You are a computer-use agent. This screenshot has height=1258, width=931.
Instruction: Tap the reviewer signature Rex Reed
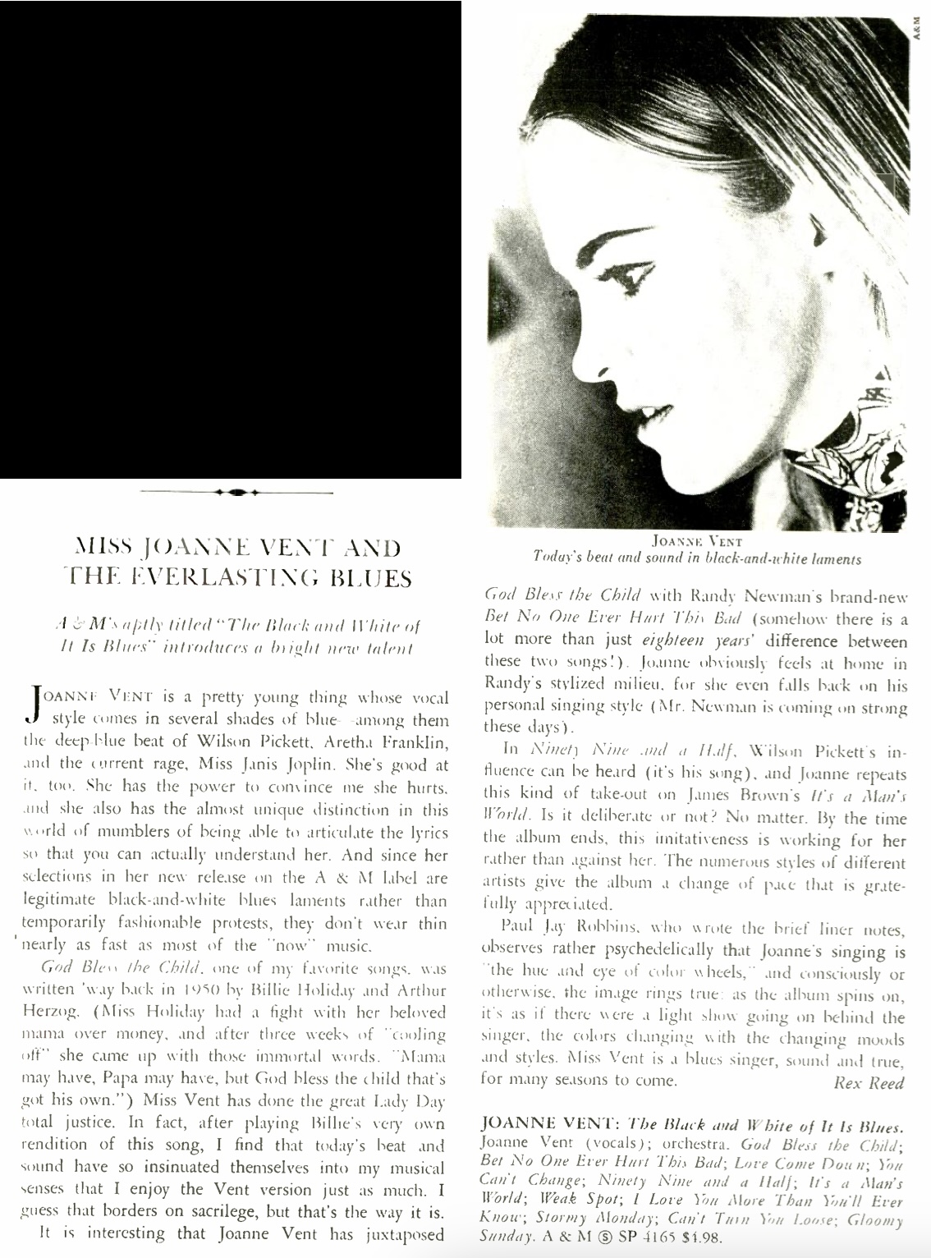pos(869,1083)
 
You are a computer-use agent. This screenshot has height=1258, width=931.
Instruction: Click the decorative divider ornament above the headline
pos(236,493)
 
